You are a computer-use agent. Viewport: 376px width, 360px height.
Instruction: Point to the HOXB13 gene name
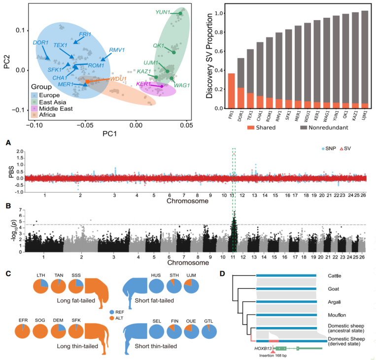tap(258, 347)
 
